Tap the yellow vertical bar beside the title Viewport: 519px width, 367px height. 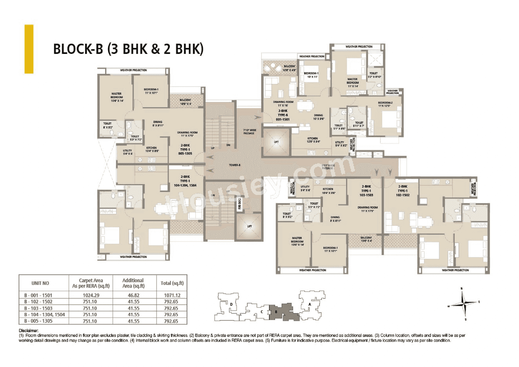(29, 49)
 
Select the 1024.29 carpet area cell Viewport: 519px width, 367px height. (90, 296)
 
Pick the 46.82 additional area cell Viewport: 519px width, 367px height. (133, 296)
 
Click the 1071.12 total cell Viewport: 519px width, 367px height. (172, 296)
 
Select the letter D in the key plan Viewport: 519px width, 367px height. (231, 304)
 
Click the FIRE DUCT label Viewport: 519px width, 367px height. (240, 203)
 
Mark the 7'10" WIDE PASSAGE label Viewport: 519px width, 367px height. (249, 131)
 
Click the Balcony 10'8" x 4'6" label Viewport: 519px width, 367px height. (290, 68)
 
